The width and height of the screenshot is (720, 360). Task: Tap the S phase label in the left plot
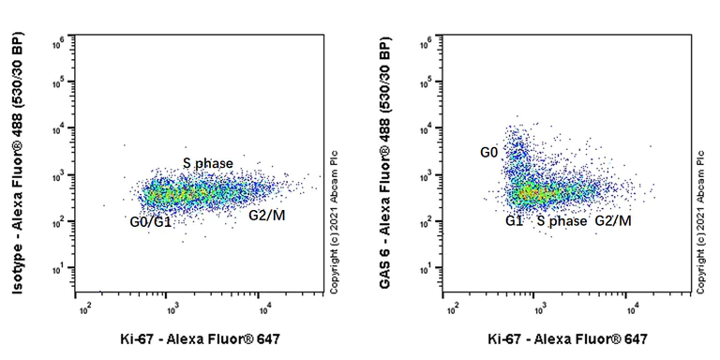pos(208,164)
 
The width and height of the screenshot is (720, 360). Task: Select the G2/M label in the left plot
pos(267,216)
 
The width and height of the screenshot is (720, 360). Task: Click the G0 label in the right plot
pos(489,152)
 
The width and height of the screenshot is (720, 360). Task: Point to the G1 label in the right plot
pos(514,221)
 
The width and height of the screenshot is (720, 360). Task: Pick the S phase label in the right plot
pos(562,221)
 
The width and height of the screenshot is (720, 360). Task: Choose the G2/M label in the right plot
pos(613,221)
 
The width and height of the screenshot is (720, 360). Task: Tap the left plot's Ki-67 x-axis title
pos(201,338)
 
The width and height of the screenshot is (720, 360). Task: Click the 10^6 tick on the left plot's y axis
pos(58,40)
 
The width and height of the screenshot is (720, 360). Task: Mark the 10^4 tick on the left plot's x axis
pos(265,307)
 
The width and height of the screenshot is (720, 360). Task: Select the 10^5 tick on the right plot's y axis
pos(427,84)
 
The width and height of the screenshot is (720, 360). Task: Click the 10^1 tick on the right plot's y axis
pos(427,270)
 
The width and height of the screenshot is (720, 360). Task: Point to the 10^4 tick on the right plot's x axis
pos(633,307)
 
